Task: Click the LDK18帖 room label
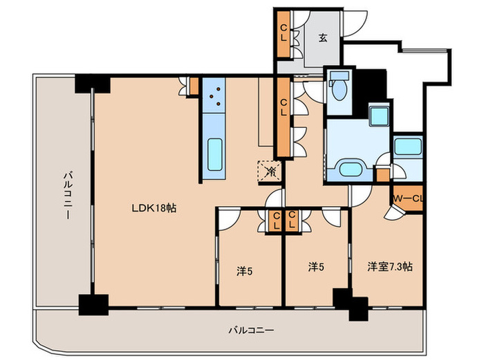153,208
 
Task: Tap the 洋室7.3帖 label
389,266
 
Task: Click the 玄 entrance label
323,38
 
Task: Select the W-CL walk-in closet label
407,199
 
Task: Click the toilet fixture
339,86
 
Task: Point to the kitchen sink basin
215,154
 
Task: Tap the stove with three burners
214,95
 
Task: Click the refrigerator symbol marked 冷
270,171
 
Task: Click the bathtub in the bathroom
408,147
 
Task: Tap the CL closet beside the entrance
283,34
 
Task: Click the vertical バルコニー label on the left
68,196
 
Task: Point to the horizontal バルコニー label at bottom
251,331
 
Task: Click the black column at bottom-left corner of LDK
93,305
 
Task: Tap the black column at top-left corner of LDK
92,84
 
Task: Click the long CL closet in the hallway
283,117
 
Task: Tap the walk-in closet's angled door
394,213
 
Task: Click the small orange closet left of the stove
194,86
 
